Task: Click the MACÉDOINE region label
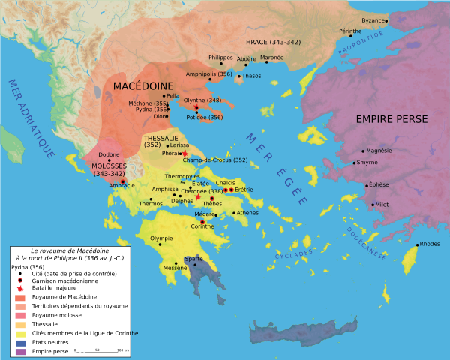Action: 143,86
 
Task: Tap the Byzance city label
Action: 373,20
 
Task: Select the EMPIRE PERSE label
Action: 391,119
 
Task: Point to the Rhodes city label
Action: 430,244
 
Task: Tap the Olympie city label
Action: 163,238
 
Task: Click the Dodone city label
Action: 99,154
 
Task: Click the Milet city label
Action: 382,204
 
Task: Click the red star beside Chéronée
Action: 197,197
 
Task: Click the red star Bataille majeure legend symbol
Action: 18,287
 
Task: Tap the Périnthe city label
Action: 349,32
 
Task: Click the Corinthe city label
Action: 202,226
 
